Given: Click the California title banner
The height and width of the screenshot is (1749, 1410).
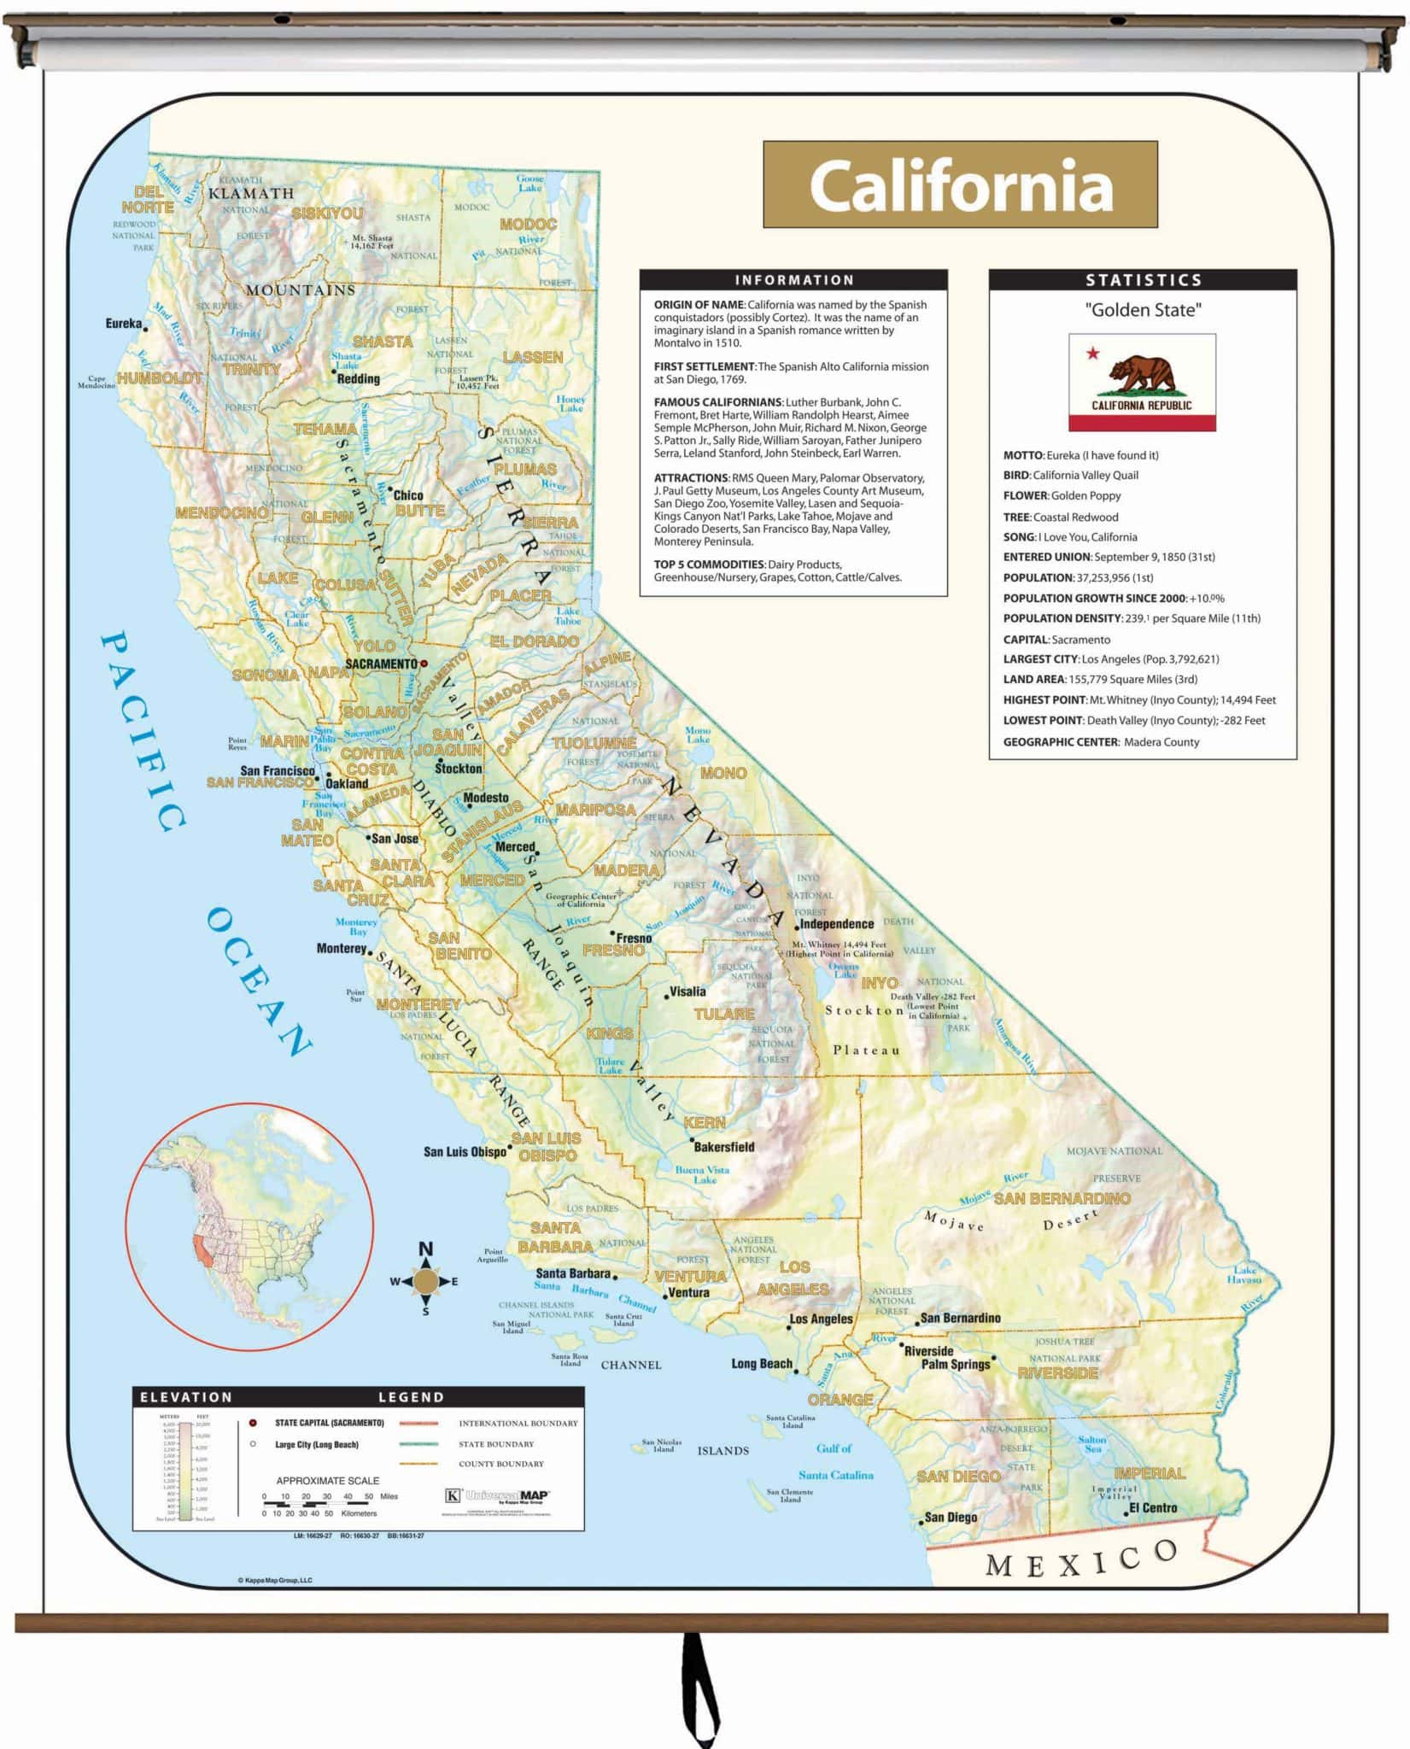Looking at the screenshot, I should [x=960, y=184].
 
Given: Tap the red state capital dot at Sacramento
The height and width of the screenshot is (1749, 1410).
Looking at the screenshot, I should [x=424, y=663].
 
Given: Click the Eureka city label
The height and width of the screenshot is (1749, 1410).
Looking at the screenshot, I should [x=123, y=324].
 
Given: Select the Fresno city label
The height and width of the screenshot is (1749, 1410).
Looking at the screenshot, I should [x=633, y=938].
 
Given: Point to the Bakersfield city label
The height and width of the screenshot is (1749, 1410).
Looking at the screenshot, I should [x=723, y=1147].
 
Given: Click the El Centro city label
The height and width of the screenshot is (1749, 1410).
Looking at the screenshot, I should [x=1152, y=1508].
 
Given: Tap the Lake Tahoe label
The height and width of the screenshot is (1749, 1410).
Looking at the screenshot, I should [x=568, y=616].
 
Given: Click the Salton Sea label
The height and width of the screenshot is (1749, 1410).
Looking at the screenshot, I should [x=1091, y=1444].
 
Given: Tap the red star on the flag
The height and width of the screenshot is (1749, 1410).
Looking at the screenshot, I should [x=1092, y=353].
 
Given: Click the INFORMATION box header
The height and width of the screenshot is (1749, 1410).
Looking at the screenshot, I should [x=793, y=279].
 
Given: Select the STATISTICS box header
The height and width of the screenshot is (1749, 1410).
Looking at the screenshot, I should [x=1143, y=279].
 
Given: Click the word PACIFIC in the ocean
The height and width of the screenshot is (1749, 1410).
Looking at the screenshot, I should [x=143, y=730].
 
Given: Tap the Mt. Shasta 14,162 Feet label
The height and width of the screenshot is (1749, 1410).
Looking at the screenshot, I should [x=372, y=242].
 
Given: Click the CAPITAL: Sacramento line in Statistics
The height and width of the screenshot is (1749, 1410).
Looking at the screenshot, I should [x=1056, y=639].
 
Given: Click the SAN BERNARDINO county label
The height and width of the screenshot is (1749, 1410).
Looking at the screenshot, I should [x=1062, y=1198].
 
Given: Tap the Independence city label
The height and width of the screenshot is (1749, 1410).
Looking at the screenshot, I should [x=836, y=924].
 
